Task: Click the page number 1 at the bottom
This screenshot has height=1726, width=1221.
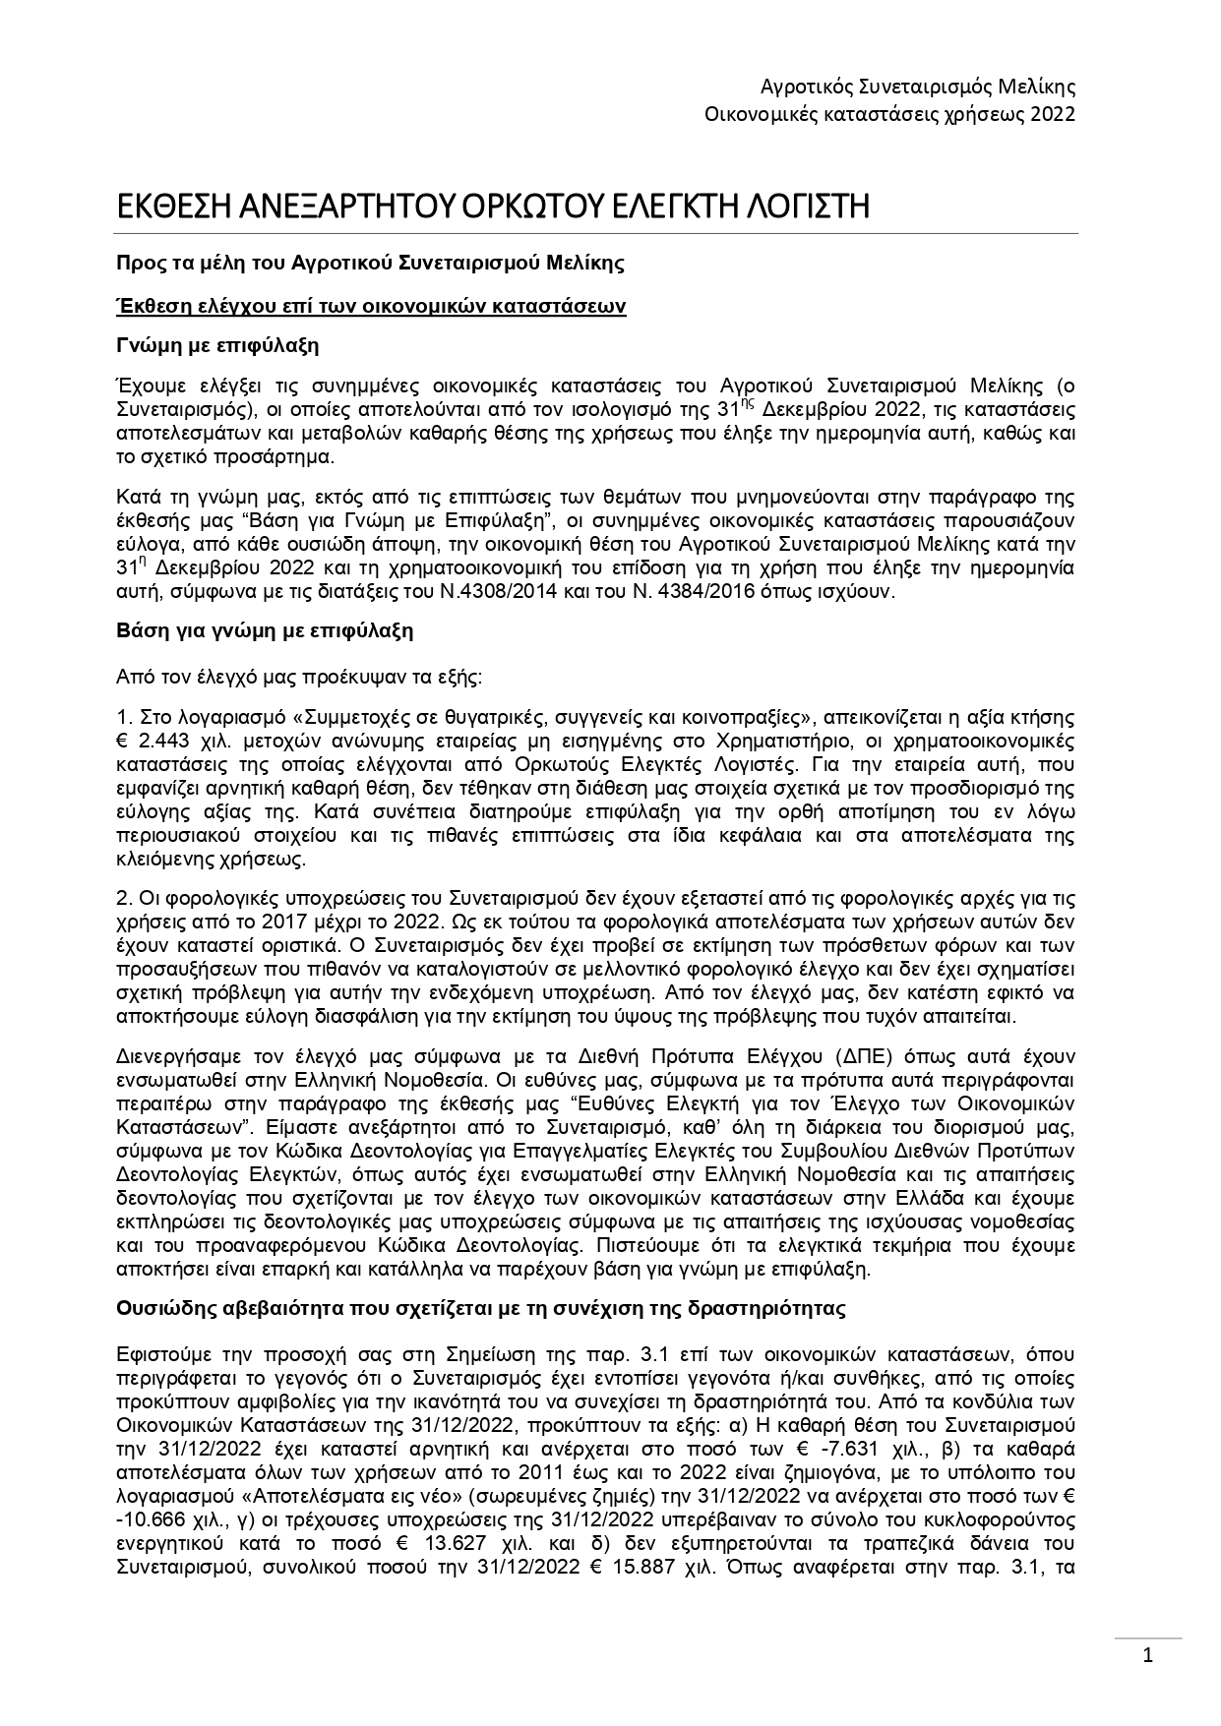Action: coord(1147,1655)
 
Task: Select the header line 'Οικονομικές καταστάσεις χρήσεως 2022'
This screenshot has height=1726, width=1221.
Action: coord(889,114)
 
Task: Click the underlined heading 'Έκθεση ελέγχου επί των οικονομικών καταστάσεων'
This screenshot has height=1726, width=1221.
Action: coord(372,306)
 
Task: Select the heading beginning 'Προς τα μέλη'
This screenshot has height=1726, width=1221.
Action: coord(370,263)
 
